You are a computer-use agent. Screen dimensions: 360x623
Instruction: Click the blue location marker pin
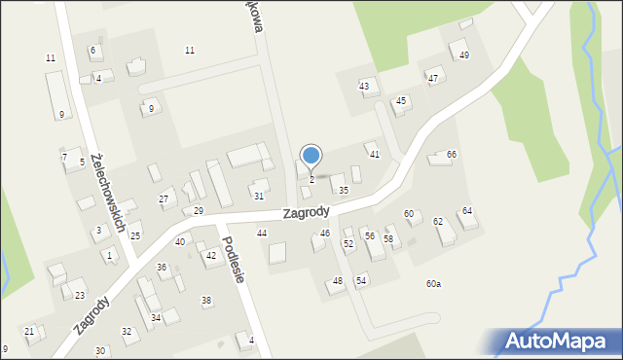311,156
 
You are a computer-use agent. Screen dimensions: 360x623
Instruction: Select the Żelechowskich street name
108,192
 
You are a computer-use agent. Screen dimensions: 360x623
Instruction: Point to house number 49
464,55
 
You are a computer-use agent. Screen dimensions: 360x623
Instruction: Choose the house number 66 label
452,155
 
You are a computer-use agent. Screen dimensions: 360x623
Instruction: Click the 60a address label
433,284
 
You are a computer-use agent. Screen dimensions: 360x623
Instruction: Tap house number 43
364,87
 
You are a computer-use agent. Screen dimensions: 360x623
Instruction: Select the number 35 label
344,191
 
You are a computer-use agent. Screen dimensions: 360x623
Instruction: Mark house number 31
259,197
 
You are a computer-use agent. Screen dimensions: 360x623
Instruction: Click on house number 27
164,199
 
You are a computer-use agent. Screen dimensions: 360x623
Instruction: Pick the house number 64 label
467,211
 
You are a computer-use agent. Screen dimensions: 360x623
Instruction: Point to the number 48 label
338,281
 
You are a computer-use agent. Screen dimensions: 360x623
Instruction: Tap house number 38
206,301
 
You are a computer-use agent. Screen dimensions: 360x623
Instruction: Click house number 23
80,296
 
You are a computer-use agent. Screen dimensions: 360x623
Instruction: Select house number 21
29,332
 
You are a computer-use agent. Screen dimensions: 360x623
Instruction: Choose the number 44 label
262,234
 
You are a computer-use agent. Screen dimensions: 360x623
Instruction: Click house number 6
93,50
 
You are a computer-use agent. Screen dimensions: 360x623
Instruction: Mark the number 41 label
374,155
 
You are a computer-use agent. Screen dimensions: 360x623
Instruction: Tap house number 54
361,281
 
